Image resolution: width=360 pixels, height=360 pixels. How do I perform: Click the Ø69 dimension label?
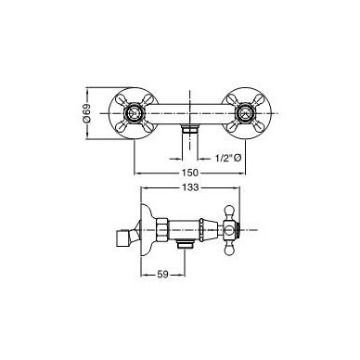coord(87,113)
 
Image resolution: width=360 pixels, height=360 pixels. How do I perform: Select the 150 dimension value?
coord(190,173)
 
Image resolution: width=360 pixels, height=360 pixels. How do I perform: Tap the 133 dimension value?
coord(190,187)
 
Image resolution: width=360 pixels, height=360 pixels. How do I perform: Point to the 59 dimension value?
coord(162,274)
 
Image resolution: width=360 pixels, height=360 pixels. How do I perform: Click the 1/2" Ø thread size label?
coord(227,159)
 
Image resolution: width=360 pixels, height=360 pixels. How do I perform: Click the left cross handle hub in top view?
coord(135,113)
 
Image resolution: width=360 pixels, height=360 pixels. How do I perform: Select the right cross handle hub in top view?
coord(246,113)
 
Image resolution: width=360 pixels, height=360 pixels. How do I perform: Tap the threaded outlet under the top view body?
coord(190,128)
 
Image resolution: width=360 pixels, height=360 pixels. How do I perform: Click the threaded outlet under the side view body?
coord(186,244)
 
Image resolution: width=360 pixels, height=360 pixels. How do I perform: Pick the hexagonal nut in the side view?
coord(162,230)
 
